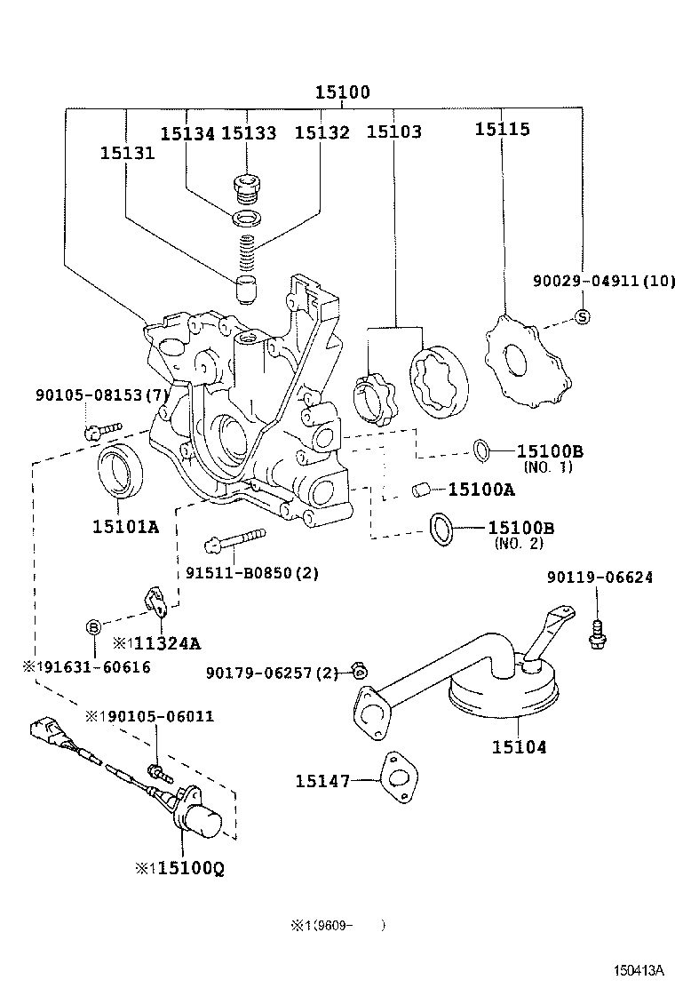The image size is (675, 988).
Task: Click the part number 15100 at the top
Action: [342, 92]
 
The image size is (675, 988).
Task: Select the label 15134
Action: [187, 133]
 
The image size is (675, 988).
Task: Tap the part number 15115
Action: [502, 130]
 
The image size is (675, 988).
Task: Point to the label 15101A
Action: [125, 527]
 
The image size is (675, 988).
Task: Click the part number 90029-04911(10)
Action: [604, 282]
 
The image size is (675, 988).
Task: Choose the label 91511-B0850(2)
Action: [251, 573]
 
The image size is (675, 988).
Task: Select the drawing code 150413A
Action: [637, 971]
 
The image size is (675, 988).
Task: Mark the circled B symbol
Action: [93, 628]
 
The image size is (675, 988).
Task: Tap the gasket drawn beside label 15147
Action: [396, 779]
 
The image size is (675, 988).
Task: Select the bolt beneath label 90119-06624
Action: [597, 630]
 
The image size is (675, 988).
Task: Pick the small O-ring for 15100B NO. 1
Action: [480, 451]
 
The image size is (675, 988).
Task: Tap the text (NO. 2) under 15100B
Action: [518, 544]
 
